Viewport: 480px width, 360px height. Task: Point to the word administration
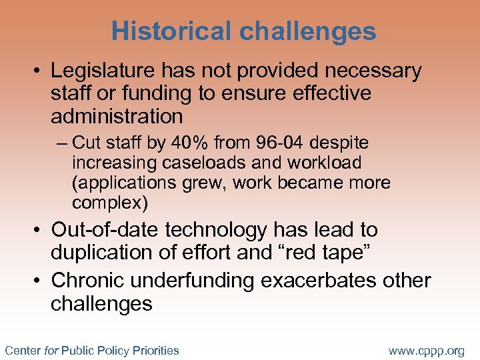coord(117,116)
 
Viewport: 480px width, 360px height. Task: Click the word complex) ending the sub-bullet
coord(110,203)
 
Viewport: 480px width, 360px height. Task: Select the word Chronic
coord(86,281)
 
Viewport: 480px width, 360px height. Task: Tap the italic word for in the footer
coord(51,350)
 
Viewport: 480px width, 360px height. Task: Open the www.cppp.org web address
coord(426,350)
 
